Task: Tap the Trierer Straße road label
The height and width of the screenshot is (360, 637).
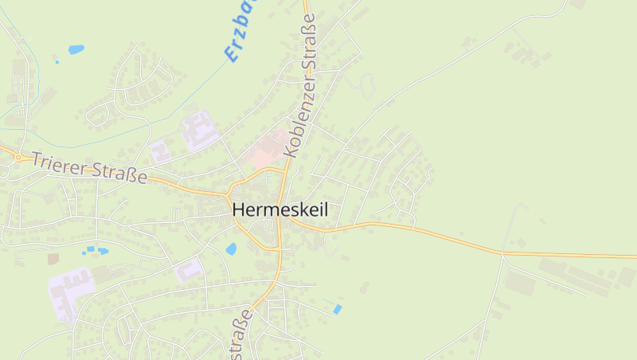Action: [89, 166]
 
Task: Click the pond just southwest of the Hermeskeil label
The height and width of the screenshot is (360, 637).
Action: [231, 248]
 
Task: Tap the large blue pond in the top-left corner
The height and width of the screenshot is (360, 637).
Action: [76, 49]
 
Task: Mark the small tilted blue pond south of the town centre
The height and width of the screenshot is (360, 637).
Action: [338, 309]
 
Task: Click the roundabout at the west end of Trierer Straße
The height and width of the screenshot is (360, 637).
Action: [18, 157]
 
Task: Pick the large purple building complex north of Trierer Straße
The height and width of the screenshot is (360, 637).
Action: [199, 129]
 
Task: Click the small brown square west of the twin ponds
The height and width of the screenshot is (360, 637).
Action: [53, 259]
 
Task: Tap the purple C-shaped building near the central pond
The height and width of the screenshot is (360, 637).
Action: [189, 270]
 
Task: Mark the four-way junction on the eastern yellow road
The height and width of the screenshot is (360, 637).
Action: [502, 253]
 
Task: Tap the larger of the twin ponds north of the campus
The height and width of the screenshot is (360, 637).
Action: [102, 250]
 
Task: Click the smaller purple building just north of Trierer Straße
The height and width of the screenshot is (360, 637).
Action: [159, 150]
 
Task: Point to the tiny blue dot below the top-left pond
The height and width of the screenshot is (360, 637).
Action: [56, 61]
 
